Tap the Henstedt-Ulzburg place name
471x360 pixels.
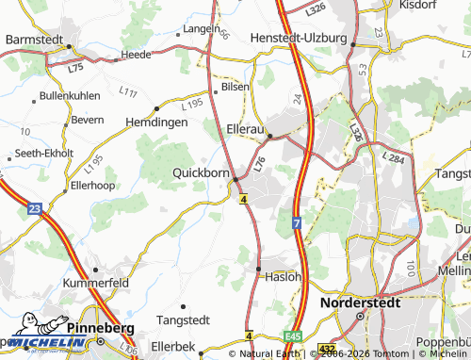pos(300,38)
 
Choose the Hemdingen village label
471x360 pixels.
pos(157,122)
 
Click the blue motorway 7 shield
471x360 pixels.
pos(296,223)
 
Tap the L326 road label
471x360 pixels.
pos(316,8)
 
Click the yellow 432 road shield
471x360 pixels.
pos(326,348)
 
